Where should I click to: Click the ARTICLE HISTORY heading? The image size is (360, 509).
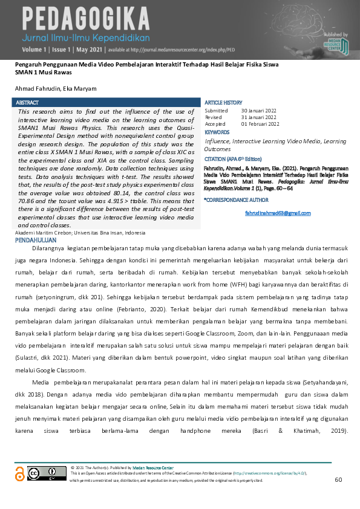[x=223, y=103]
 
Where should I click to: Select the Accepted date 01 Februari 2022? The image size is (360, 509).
[x=260, y=124]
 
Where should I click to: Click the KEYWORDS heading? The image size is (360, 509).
[x=217, y=132]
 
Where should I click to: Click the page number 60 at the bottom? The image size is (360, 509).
[x=338, y=479]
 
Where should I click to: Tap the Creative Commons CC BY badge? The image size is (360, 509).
[x=39, y=474]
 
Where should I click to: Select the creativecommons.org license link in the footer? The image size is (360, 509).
[x=269, y=473]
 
